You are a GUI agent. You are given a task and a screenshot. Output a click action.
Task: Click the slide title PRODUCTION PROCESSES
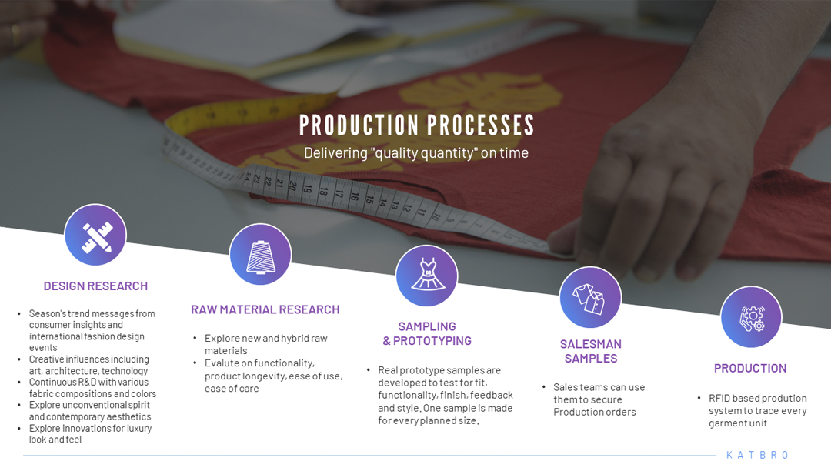(416, 125)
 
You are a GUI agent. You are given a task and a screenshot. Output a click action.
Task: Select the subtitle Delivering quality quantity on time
(416, 152)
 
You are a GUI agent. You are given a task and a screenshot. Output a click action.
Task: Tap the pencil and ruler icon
(95, 235)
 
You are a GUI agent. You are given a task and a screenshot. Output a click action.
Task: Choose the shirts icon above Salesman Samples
(590, 297)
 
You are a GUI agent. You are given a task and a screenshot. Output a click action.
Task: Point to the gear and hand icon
(751, 317)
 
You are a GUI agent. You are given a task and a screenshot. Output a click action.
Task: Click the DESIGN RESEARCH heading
(95, 286)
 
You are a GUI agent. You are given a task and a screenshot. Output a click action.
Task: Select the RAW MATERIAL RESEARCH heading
(265, 309)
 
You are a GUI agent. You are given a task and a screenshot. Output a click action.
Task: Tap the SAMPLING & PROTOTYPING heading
(427, 334)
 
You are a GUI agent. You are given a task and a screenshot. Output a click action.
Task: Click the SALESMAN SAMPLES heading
(591, 352)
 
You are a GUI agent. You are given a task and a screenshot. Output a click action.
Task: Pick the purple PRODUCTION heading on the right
(750, 369)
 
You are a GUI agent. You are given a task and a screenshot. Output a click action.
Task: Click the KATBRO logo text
(757, 455)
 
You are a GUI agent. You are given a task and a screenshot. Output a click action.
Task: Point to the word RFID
(719, 398)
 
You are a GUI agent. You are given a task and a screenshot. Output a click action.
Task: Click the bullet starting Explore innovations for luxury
(90, 433)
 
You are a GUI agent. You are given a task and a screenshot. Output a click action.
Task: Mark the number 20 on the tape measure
(292, 185)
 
